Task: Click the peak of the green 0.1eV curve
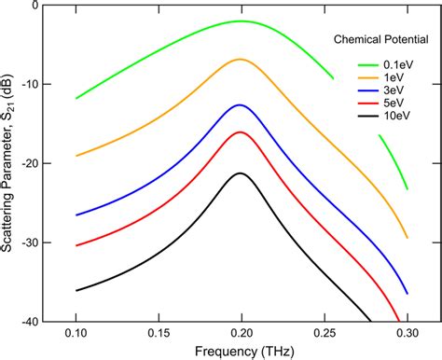coord(242,21)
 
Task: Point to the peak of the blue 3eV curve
coord(241,104)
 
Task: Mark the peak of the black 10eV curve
coord(241,173)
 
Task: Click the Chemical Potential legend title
coord(379,40)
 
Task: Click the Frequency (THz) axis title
coord(241,351)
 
